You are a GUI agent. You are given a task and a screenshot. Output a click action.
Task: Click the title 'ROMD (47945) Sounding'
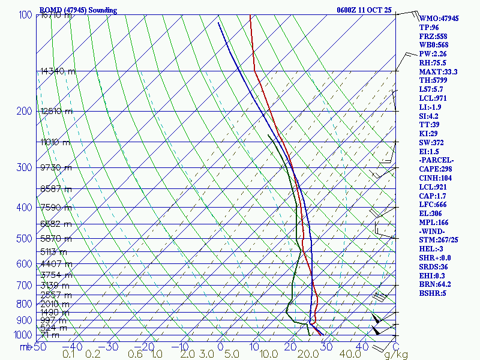tap(78, 10)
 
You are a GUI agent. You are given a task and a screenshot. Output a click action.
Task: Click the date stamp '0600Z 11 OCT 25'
tap(364, 10)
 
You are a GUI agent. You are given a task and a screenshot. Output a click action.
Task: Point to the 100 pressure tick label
tap(25, 15)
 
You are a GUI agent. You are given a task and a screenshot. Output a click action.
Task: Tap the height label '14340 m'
tap(58, 71)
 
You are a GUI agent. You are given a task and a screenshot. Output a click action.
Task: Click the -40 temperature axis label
tap(73, 346)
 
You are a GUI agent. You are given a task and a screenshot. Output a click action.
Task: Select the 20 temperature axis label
tap(292, 346)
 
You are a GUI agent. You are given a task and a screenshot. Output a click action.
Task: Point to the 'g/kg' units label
tap(397, 355)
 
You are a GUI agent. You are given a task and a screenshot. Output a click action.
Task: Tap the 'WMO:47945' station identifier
tap(439, 19)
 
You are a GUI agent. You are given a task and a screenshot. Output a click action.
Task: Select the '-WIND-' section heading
tap(435, 230)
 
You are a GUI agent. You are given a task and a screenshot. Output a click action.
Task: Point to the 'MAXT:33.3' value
tap(439, 72)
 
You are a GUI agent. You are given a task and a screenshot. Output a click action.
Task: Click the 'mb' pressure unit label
tap(25, 346)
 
